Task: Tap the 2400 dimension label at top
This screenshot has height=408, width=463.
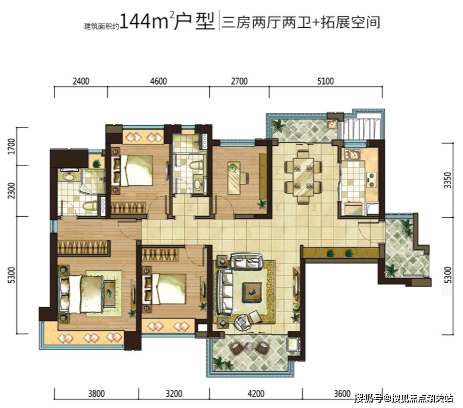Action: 81,81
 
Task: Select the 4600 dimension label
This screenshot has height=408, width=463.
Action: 158,81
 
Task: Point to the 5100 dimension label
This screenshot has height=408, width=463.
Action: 325,81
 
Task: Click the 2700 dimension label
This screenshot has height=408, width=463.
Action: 239,81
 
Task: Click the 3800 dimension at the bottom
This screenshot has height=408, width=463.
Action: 96,393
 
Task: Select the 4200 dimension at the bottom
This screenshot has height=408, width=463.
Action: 255,393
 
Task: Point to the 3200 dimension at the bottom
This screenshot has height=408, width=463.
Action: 174,393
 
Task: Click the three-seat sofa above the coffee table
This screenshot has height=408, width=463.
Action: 247,262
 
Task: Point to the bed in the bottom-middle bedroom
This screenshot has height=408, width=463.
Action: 164,289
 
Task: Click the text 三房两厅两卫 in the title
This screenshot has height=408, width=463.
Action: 266,22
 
